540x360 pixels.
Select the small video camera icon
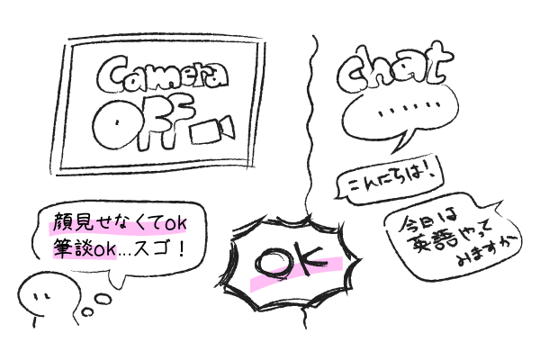(213, 130)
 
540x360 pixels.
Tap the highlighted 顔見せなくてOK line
(118, 225)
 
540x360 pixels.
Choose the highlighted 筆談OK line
(84, 250)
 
